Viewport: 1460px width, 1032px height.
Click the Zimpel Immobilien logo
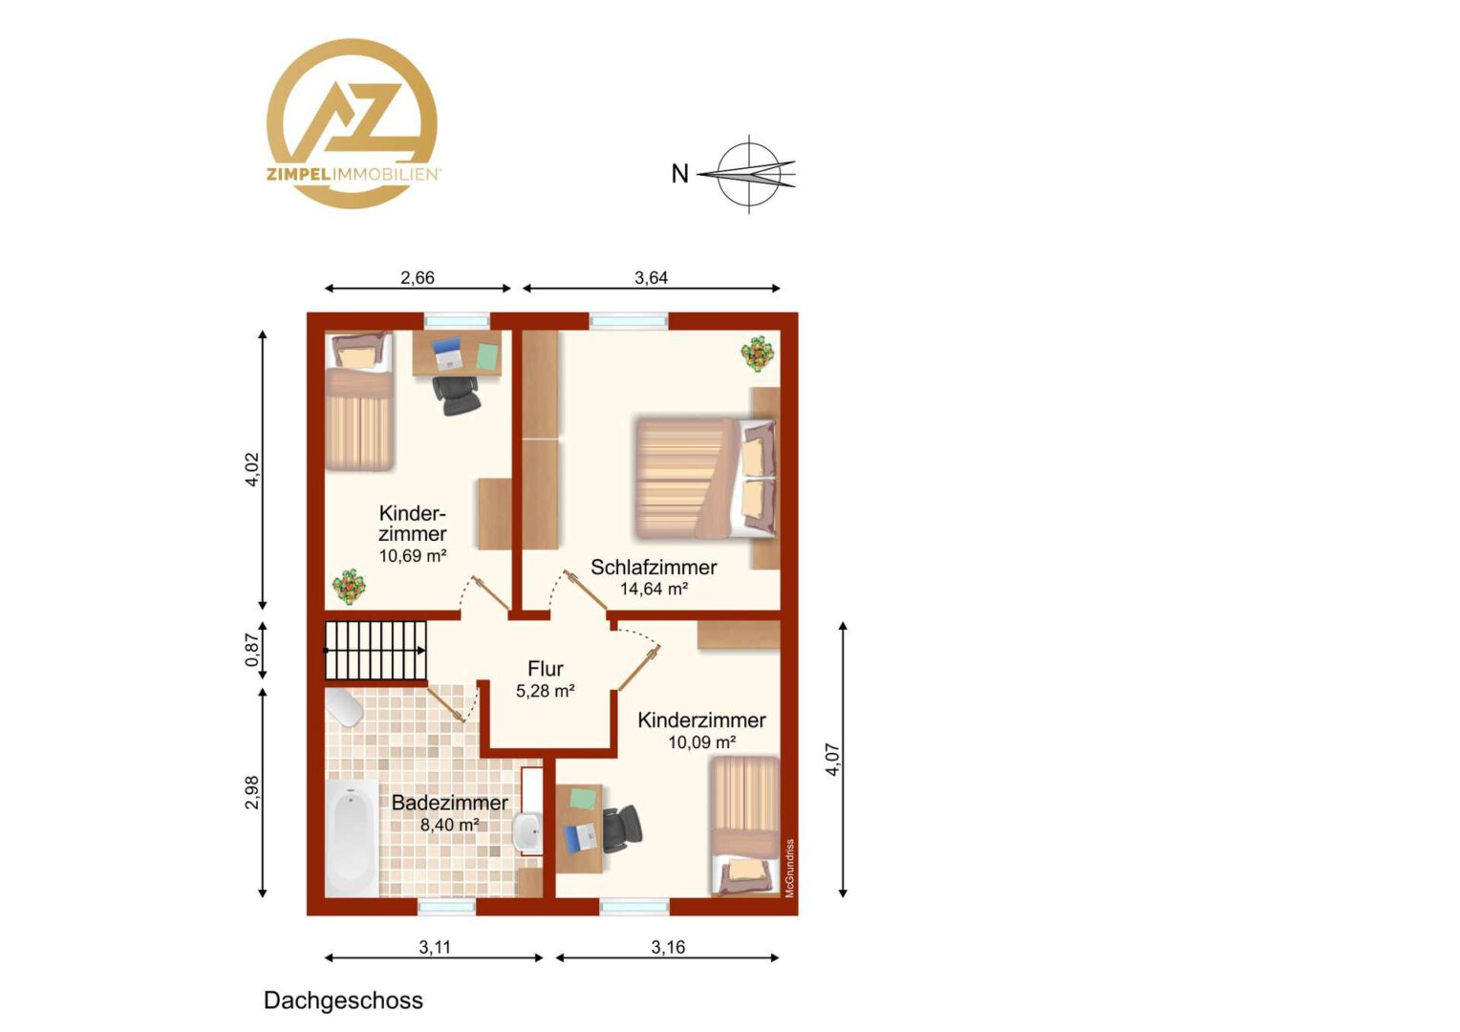pyautogui.click(x=353, y=124)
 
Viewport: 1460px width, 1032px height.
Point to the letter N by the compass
pyautogui.click(x=679, y=174)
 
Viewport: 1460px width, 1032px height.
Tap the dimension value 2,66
pyautogui.click(x=418, y=278)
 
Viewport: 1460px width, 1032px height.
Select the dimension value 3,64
pyautogui.click(x=651, y=278)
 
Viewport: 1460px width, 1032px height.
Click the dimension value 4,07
pyautogui.click(x=833, y=760)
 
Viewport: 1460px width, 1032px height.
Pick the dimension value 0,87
pyautogui.click(x=252, y=651)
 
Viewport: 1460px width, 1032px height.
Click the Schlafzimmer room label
pyautogui.click(x=654, y=568)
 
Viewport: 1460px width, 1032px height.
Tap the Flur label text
pyautogui.click(x=546, y=669)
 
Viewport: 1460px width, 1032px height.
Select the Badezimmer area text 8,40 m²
pyautogui.click(x=450, y=825)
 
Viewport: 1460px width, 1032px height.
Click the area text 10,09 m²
pyautogui.click(x=702, y=742)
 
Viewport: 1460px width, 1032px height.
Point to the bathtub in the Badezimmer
pyautogui.click(x=352, y=838)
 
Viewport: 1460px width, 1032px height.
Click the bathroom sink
pyautogui.click(x=528, y=832)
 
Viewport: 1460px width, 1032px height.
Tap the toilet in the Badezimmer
pyautogui.click(x=344, y=707)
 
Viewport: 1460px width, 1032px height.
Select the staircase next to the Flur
pyautogui.click(x=376, y=651)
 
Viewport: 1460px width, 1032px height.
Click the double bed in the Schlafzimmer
pyautogui.click(x=706, y=479)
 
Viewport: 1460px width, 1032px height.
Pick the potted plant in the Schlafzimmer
pyautogui.click(x=758, y=354)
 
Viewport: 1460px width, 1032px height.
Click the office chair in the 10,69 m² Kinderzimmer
pyautogui.click(x=457, y=395)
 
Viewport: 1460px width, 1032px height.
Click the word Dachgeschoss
pyautogui.click(x=343, y=1000)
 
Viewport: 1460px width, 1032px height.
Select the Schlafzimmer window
pyautogui.click(x=629, y=321)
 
